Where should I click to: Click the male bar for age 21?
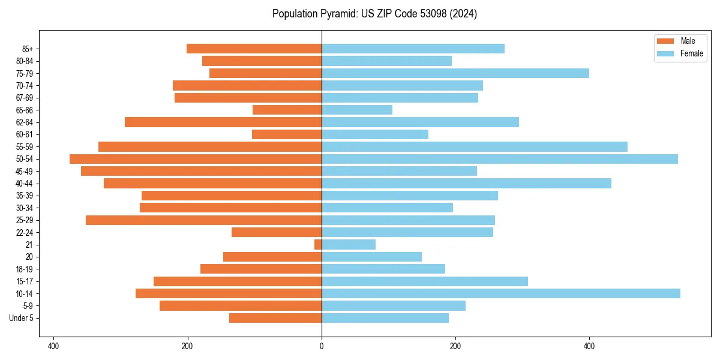(x=318, y=245)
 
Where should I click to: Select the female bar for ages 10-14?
(x=501, y=293)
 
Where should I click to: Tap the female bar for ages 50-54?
(x=500, y=159)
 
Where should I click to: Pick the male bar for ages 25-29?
(x=204, y=220)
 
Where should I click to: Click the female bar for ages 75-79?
(x=455, y=73)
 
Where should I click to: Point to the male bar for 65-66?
(x=287, y=110)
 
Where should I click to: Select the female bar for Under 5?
(x=385, y=318)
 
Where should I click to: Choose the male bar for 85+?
(x=254, y=49)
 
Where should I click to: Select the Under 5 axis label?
(x=22, y=318)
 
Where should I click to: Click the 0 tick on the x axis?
(x=322, y=346)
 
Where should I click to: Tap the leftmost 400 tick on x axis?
(x=53, y=346)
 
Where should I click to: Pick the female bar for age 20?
(x=371, y=257)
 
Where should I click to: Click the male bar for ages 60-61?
(x=287, y=134)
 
